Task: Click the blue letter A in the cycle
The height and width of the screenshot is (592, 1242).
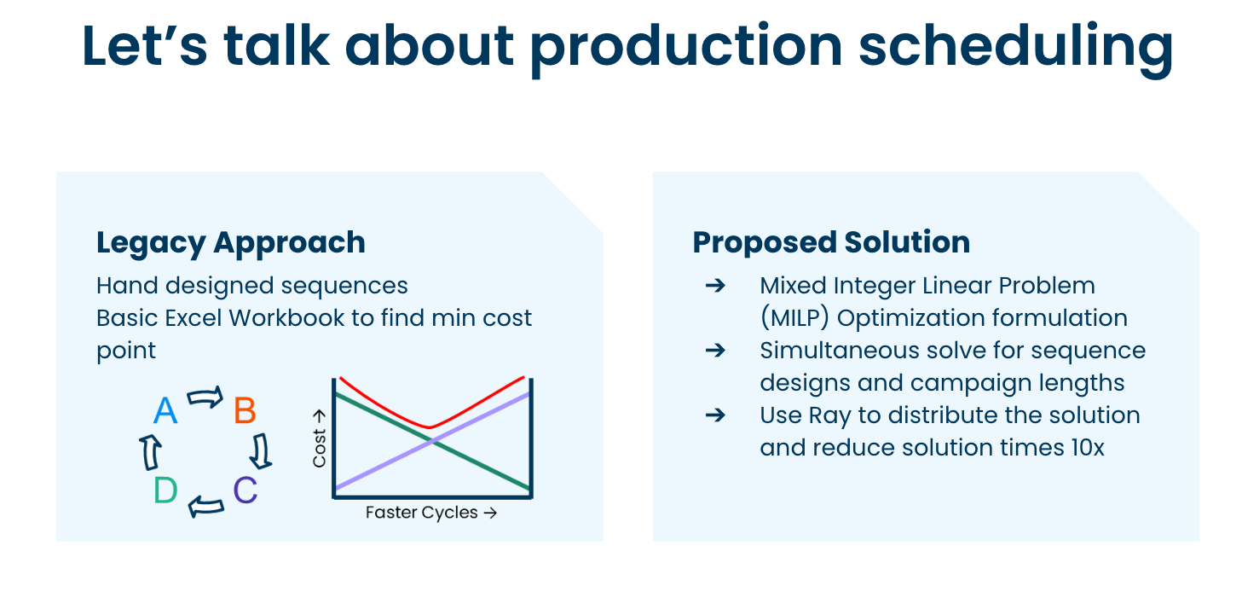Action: pos(165,411)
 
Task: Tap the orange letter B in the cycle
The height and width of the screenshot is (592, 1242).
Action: pos(245,411)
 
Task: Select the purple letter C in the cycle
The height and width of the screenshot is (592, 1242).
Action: pos(245,490)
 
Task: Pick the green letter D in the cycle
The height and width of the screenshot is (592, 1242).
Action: pos(165,490)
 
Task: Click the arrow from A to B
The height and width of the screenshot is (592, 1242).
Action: pos(205,398)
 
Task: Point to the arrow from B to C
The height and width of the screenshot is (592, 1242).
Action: pos(262,450)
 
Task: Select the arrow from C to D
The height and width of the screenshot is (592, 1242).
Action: pos(205,506)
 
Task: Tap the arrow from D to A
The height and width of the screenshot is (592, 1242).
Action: pos(149,451)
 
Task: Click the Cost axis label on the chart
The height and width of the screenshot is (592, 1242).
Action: pos(320,438)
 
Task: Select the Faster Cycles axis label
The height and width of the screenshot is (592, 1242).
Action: pos(430,513)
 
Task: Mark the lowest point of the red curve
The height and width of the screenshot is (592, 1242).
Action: pos(430,427)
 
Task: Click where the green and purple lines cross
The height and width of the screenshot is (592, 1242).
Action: pos(433,441)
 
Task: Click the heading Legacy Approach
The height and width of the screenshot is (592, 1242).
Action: pos(231,242)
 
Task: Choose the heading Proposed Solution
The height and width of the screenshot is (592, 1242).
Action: pos(831,242)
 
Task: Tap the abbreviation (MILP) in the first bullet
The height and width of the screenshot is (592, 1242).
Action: pos(794,318)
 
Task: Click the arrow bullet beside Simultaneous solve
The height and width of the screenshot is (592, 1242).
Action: pos(715,351)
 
